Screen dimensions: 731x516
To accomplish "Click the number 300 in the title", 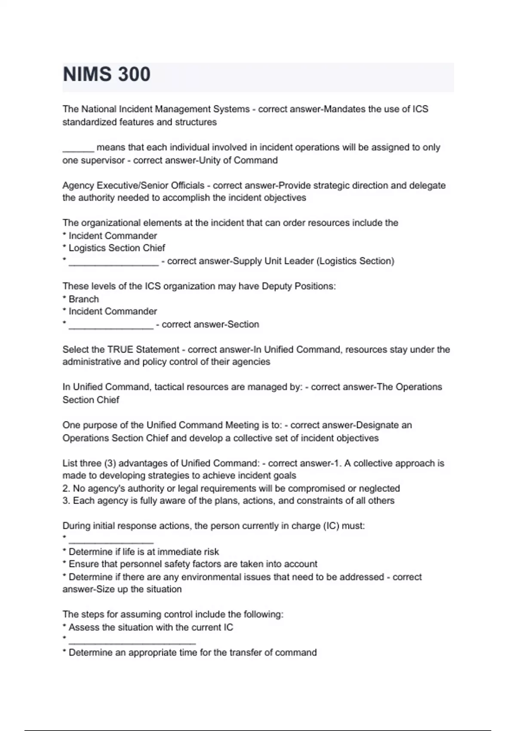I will pos(134,74).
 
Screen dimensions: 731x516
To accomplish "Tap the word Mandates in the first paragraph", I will pos(344,109).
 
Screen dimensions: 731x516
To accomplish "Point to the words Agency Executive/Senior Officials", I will pos(133,185).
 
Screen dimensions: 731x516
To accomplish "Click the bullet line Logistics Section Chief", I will pos(117,248).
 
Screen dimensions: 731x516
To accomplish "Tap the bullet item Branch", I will pos(83,299).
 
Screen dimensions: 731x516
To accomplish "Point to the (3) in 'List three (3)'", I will pos(110,464).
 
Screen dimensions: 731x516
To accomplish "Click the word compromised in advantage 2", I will pos(316,488).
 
